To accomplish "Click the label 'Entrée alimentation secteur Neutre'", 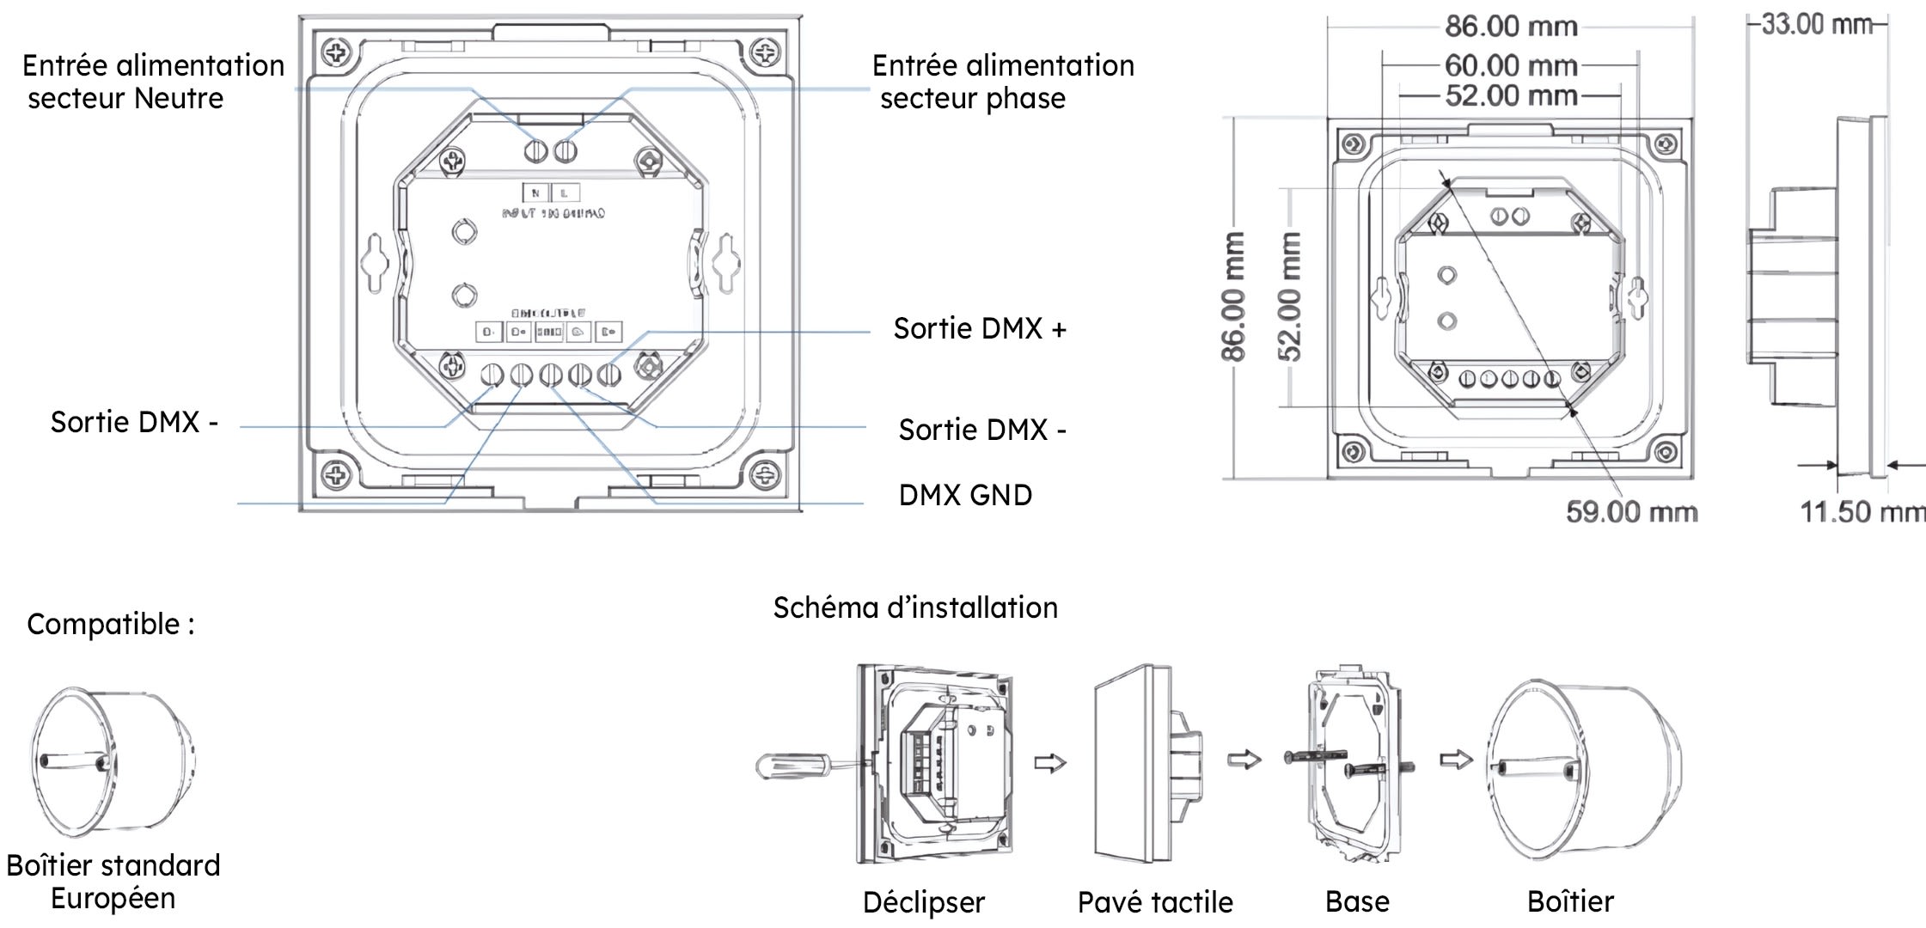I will (152, 82).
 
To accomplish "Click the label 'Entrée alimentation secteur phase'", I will (1002, 82).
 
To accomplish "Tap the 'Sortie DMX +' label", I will (979, 328).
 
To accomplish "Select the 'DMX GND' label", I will (964, 495).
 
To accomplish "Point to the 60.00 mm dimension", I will (1510, 65).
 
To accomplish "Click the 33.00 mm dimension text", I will (1815, 24).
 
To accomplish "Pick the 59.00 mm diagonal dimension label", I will (1630, 512).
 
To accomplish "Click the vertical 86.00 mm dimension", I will (1233, 296).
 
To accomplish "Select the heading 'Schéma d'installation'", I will (914, 607).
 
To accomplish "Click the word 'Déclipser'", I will (923, 902).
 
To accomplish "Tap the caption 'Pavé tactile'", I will (1154, 902).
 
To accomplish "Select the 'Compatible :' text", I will (110, 624).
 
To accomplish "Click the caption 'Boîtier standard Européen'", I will (113, 882).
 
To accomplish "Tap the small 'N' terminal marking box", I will (535, 193).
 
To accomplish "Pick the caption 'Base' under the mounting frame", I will (1356, 901).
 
